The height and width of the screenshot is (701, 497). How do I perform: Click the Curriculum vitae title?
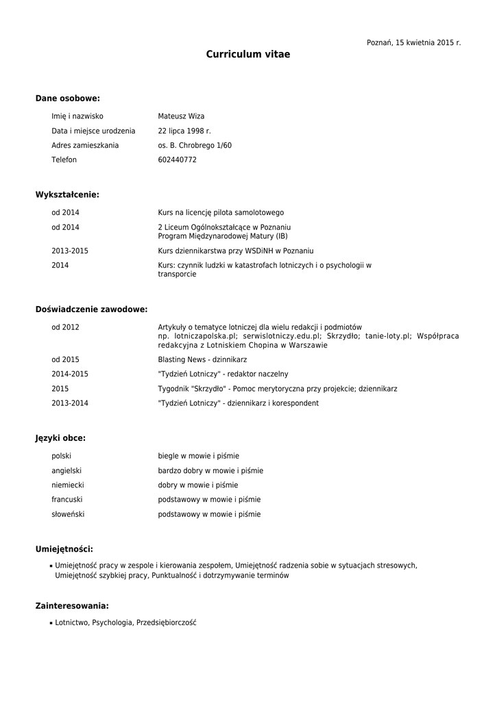(x=248, y=54)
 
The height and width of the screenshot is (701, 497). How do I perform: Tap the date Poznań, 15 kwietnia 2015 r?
(x=413, y=42)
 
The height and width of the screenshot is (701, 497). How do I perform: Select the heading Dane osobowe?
(x=68, y=99)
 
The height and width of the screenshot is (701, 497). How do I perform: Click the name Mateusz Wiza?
(x=181, y=116)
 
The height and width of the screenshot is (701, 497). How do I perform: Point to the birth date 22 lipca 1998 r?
(x=184, y=131)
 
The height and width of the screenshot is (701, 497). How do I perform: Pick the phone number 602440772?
(x=177, y=160)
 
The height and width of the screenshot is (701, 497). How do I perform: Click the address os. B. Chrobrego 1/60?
(x=195, y=145)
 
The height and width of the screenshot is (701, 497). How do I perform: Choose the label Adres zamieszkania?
(x=85, y=145)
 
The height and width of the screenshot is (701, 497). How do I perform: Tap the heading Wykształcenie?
(x=67, y=195)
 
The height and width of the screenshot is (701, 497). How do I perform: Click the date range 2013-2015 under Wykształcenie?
(x=70, y=251)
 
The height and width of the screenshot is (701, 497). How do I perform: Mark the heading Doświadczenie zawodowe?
(x=91, y=309)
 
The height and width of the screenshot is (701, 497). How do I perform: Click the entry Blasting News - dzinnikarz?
(x=202, y=359)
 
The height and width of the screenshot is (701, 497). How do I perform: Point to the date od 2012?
(x=65, y=327)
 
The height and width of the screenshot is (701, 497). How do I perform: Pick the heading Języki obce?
(x=60, y=438)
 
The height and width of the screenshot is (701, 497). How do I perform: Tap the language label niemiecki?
(x=68, y=485)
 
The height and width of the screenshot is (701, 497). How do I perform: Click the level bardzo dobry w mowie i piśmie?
(x=210, y=470)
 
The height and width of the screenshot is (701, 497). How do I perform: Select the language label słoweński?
(x=68, y=514)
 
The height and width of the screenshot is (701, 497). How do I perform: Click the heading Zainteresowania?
(x=72, y=606)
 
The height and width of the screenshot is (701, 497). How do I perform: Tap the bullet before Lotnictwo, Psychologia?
(x=51, y=624)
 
